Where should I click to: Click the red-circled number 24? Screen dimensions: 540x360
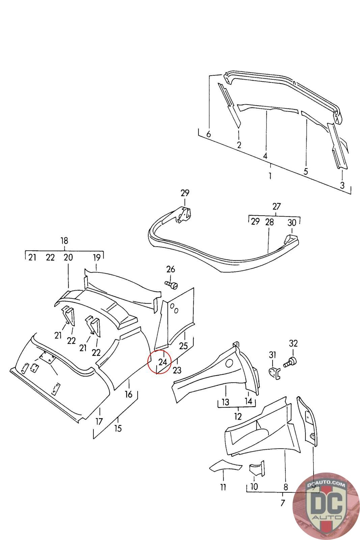pyautogui.click(x=163, y=362)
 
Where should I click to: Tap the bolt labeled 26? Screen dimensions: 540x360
pyautogui.click(x=171, y=285)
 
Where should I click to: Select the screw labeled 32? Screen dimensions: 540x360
pyautogui.click(x=290, y=363)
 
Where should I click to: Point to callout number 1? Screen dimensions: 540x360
pyautogui.click(x=270, y=176)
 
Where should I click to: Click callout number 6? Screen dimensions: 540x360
pyautogui.click(x=209, y=134)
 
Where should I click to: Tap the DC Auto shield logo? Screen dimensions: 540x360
pyautogui.click(x=325, y=505)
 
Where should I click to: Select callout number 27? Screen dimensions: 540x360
pyautogui.click(x=276, y=207)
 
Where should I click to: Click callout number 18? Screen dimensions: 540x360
pyautogui.click(x=64, y=241)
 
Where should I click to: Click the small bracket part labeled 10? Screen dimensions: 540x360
pyautogui.click(x=256, y=469)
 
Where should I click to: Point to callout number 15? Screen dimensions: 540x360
pyautogui.click(x=118, y=428)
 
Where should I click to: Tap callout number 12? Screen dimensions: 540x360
pyautogui.click(x=238, y=416)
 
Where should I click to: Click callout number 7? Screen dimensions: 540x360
pyautogui.click(x=283, y=503)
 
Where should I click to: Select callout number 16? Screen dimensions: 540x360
pyautogui.click(x=129, y=394)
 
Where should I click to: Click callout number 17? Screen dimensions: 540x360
pyautogui.click(x=99, y=421)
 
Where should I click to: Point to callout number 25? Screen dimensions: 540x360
pyautogui.click(x=184, y=346)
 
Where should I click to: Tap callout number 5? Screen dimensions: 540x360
pyautogui.click(x=305, y=171)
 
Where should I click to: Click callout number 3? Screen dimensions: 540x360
pyautogui.click(x=342, y=185)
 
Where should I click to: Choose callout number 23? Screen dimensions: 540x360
pyautogui.click(x=177, y=370)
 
